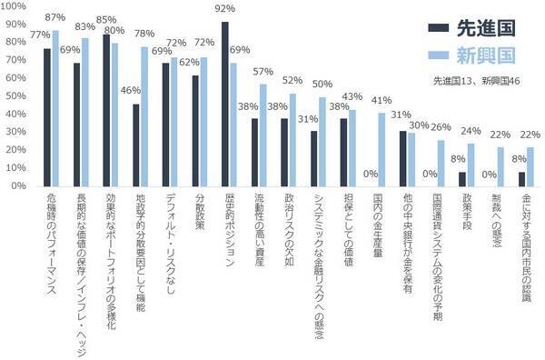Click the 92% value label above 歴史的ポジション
(x=224, y=10)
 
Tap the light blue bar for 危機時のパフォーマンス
(x=54, y=108)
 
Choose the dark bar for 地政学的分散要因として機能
(x=136, y=145)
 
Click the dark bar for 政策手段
(x=462, y=178)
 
